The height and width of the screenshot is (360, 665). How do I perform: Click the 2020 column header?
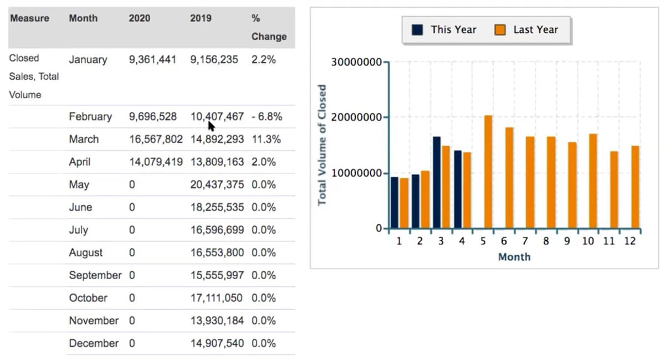(139, 18)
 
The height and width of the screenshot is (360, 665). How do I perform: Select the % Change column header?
(269, 28)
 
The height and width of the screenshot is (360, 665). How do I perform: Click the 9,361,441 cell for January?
(152, 59)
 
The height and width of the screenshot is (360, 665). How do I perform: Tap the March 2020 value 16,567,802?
(156, 140)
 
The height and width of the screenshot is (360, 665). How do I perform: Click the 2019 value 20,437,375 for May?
(217, 185)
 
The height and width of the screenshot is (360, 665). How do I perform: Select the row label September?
(95, 275)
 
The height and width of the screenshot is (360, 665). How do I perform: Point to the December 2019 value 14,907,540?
(217, 343)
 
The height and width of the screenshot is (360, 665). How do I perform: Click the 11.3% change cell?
(266, 140)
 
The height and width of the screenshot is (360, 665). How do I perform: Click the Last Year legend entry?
(527, 30)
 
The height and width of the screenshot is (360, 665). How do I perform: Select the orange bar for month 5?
(488, 172)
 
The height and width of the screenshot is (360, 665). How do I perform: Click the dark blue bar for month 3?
(437, 182)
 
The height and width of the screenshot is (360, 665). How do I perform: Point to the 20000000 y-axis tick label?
(356, 117)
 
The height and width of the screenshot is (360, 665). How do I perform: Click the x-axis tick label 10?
(589, 241)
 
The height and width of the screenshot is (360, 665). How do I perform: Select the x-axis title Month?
(514, 257)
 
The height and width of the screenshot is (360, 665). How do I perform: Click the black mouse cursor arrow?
(211, 126)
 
